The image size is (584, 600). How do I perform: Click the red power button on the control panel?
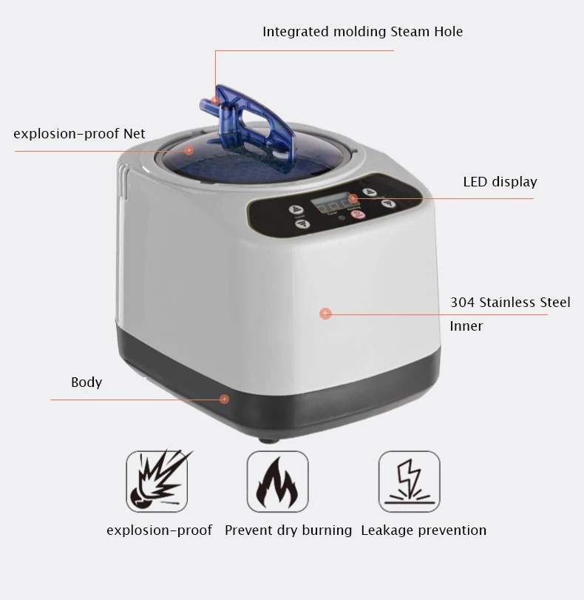click(x=357, y=215)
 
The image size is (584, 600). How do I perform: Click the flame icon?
click(x=277, y=481)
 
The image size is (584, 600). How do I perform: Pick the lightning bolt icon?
click(x=409, y=481)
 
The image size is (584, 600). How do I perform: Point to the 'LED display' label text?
click(x=500, y=182)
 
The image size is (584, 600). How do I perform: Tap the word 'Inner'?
click(x=466, y=326)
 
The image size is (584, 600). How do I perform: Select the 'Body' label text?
click(x=86, y=382)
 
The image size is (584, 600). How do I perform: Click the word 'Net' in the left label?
click(x=135, y=134)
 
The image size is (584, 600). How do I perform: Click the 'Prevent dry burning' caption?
click(x=288, y=530)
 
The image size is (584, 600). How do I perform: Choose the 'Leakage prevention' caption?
click(x=424, y=530)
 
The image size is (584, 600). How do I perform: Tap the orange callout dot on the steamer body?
click(x=325, y=314)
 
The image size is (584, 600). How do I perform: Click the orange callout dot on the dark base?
click(x=224, y=399)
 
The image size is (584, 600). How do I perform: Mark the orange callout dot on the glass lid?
click(x=189, y=150)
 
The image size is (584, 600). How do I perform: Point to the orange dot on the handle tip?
click(x=215, y=100)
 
